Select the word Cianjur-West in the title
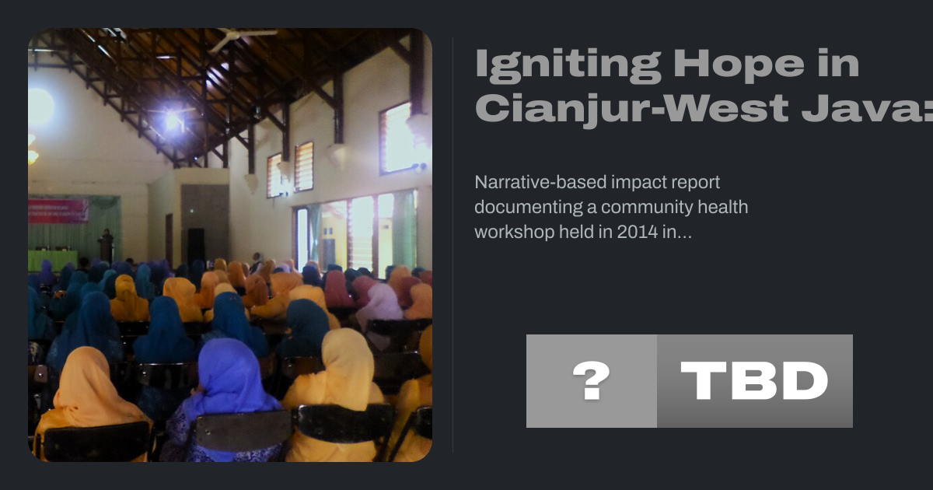click(632, 109)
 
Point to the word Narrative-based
click(540, 182)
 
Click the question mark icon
click(592, 380)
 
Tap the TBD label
click(754, 381)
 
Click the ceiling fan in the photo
click(242, 38)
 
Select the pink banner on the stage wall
click(58, 211)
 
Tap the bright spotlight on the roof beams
click(173, 121)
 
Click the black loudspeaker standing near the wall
click(196, 246)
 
